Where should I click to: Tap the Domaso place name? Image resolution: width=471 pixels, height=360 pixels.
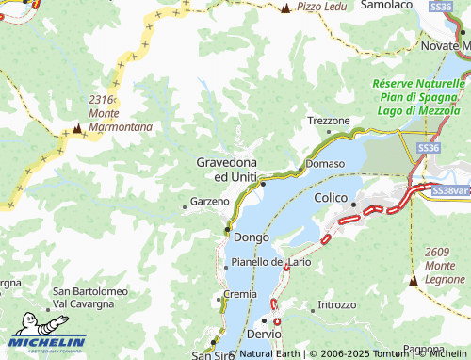325,164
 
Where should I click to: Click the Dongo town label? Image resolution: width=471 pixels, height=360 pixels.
251,237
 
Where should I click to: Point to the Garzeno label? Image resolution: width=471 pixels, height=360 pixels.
210,202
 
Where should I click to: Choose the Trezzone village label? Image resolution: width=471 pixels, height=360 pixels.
330,121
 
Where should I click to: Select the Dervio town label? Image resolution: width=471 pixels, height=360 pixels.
265,335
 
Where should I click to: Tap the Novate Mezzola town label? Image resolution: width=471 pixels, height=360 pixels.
445,46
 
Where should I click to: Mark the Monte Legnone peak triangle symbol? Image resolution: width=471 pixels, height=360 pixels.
414,280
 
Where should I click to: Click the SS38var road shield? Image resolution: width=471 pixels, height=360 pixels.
449,190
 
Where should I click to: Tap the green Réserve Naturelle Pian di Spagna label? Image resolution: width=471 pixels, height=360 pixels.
418,97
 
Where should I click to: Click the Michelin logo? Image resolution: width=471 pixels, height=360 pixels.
47,341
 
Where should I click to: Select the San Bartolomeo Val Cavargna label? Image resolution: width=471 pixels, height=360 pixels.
89,297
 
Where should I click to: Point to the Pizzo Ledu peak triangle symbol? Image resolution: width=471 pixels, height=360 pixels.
285,8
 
